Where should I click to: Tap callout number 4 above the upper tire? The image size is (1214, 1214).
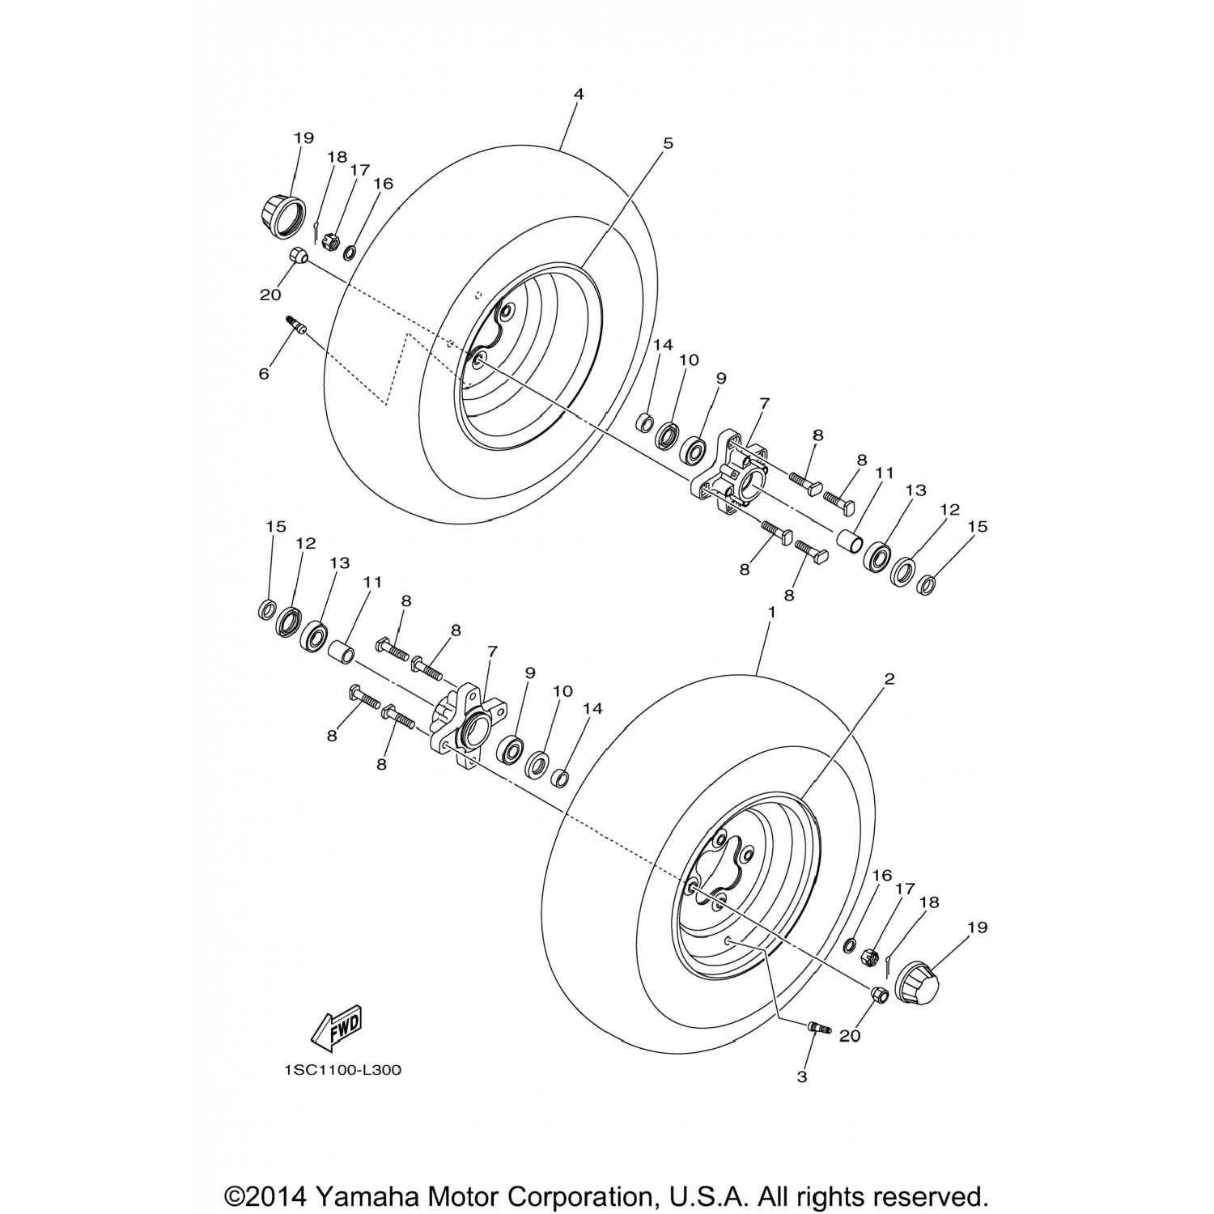click(x=578, y=94)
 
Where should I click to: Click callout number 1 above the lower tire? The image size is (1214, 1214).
click(x=771, y=613)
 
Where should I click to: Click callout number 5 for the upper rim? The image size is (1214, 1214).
click(x=668, y=143)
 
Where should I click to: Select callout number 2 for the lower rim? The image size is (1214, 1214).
click(x=889, y=679)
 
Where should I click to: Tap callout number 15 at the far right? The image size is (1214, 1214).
click(x=978, y=526)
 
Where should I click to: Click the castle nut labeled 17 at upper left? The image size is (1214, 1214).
click(x=329, y=240)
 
